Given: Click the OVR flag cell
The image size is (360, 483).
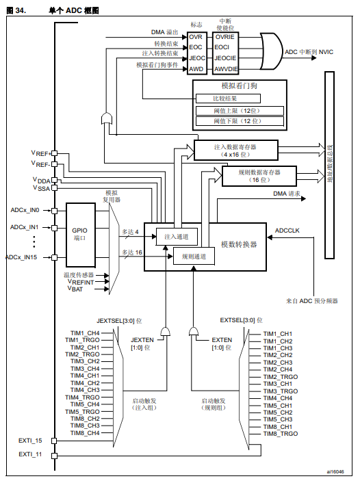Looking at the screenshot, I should pyautogui.click(x=196, y=36).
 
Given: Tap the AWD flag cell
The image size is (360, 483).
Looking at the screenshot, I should pyautogui.click(x=196, y=68).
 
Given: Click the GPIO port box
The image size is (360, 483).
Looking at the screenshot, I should pyautogui.click(x=79, y=235).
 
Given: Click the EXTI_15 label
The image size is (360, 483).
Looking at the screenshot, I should pyautogui.click(x=30, y=441).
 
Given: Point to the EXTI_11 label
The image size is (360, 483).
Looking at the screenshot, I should pyautogui.click(x=30, y=454).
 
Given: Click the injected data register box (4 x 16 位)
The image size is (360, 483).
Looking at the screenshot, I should pyautogui.click(x=236, y=150).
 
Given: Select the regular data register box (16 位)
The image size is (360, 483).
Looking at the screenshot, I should pyautogui.click(x=259, y=175).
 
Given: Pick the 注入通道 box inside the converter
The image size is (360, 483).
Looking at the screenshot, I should pyautogui.click(x=177, y=236).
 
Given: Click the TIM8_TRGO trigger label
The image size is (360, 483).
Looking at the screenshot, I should pyautogui.click(x=281, y=434).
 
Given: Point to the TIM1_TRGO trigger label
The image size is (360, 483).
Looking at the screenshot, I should pyautogui.click(x=84, y=340).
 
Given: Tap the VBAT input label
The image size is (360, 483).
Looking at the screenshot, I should pyautogui.click(x=75, y=289).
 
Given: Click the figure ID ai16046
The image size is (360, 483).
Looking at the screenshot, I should pyautogui.click(x=335, y=471).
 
